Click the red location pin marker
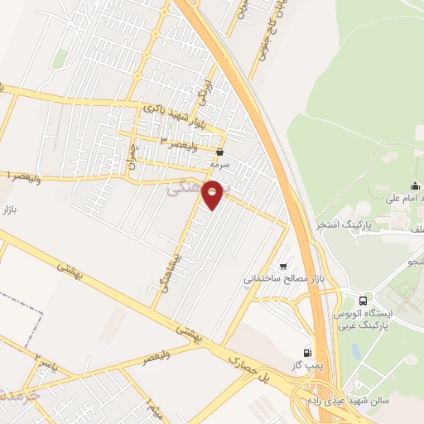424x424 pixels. (214, 194)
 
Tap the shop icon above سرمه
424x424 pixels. (219, 153)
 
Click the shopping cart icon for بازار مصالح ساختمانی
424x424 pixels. (284, 267)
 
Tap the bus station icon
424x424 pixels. (364, 300)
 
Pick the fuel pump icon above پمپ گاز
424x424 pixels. (308, 352)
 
